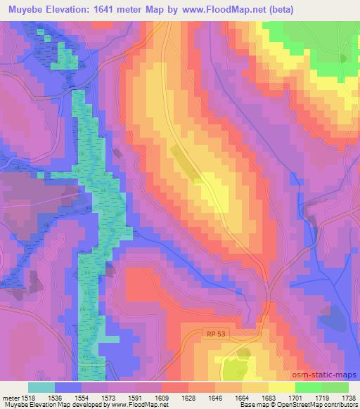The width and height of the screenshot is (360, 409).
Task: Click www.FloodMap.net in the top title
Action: point(229,10)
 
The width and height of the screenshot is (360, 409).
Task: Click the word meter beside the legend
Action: point(9,397)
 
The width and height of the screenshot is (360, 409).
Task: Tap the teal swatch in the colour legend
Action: point(41,387)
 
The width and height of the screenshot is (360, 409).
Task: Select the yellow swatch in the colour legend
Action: point(281,387)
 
